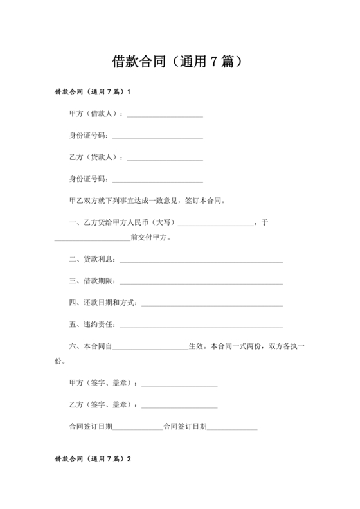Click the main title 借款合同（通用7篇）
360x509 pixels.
click(179, 62)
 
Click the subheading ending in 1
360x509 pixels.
click(93, 92)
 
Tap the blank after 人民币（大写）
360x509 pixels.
click(215, 224)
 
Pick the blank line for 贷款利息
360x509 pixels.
click(201, 261)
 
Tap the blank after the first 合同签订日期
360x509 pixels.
click(138, 428)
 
